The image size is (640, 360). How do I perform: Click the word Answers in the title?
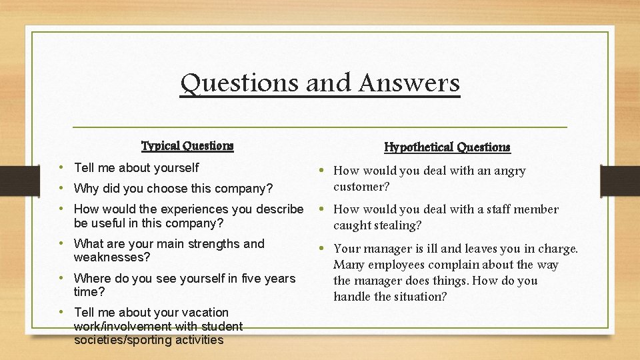tap(409, 83)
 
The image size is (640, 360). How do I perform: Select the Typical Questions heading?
tap(187, 145)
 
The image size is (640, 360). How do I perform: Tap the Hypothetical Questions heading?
tap(447, 147)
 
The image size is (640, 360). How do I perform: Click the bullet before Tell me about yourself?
tap(61, 167)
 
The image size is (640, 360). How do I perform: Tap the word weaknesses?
tap(111, 257)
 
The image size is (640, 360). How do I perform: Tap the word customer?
tap(361, 187)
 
